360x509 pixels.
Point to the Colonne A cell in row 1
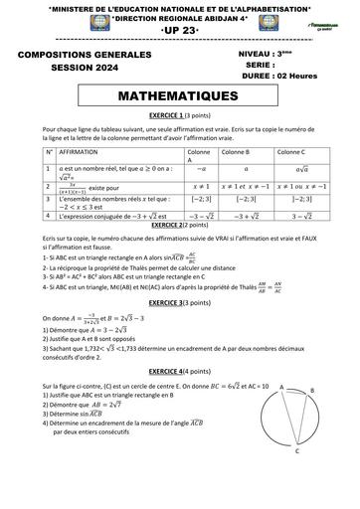[x=186, y=170]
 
